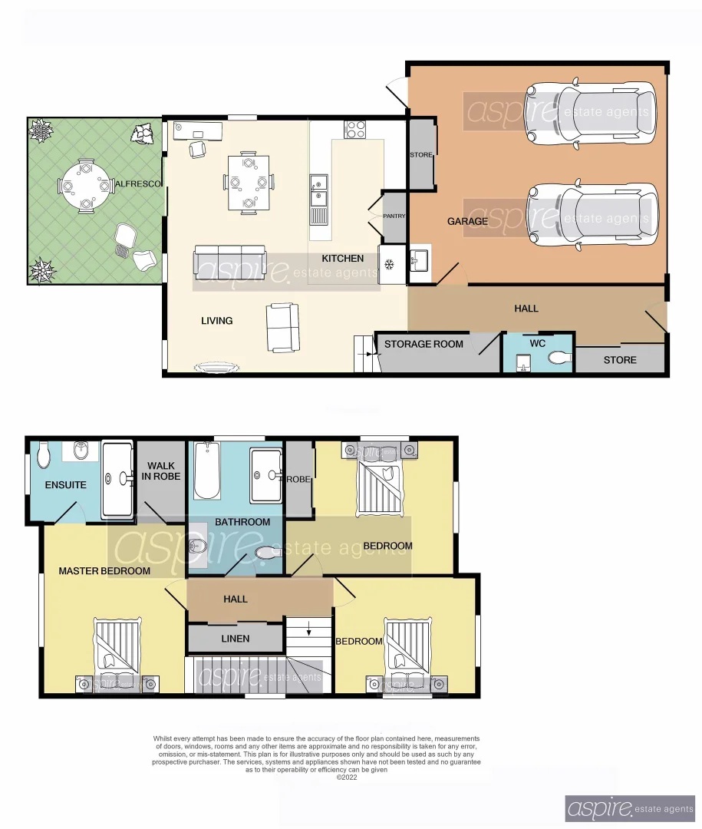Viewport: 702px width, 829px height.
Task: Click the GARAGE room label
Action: coord(467,221)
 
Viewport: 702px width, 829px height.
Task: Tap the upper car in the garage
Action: coord(592,113)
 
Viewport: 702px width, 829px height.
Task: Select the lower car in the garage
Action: coord(592,217)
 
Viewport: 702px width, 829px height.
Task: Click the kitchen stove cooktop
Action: coord(355,129)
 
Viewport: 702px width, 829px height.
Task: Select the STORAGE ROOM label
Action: coord(424,344)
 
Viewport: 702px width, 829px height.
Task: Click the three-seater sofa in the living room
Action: coord(230,262)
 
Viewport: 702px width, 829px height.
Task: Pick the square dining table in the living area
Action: coord(248,183)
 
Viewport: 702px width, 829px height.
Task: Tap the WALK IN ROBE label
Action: coord(161,471)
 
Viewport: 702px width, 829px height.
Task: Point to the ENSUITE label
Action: coord(65,485)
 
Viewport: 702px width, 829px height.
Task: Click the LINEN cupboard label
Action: coord(235,639)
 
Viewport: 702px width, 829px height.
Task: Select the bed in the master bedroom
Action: coord(117,649)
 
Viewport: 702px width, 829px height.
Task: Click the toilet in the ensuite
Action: coord(44,455)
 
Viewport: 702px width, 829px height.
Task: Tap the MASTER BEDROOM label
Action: coord(104,571)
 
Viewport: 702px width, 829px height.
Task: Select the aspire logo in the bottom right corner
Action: coord(630,808)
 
